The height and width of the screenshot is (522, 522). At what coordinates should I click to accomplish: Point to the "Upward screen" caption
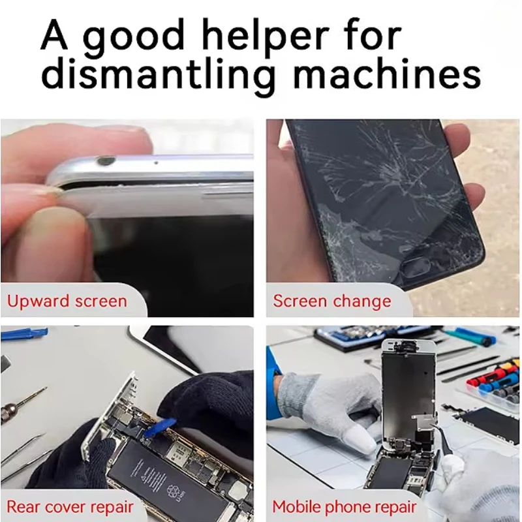67,301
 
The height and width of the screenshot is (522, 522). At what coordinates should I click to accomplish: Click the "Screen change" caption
331,301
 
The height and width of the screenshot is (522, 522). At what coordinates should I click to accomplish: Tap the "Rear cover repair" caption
70,506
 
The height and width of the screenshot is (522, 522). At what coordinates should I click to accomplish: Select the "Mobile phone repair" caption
344,506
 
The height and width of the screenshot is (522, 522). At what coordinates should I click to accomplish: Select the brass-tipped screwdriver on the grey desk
20,405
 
